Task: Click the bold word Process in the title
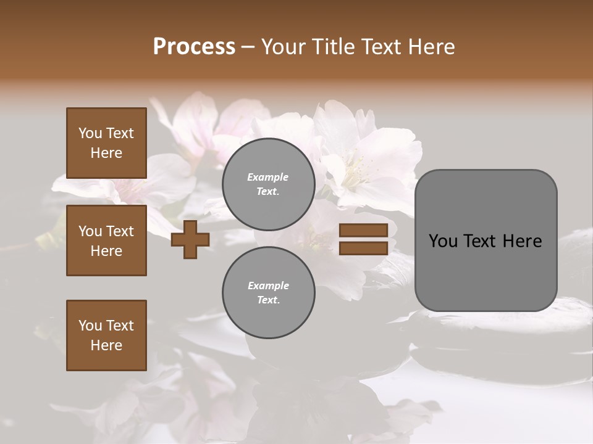coord(194,47)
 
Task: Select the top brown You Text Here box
coord(106,143)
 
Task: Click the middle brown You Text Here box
coord(106,240)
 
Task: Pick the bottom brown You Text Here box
coord(106,335)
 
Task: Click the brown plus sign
coord(190,239)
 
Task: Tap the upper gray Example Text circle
coord(268,184)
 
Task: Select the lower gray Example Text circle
coord(268,292)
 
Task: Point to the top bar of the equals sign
coord(363,231)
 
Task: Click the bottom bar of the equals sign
coord(363,248)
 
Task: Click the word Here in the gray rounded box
coord(522,241)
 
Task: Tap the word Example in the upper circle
coord(268,177)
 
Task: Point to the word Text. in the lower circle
coord(268,300)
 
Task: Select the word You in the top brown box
coord(90,133)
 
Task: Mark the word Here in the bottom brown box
coord(106,345)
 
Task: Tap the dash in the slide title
coord(248,47)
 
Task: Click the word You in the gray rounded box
coord(442,241)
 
